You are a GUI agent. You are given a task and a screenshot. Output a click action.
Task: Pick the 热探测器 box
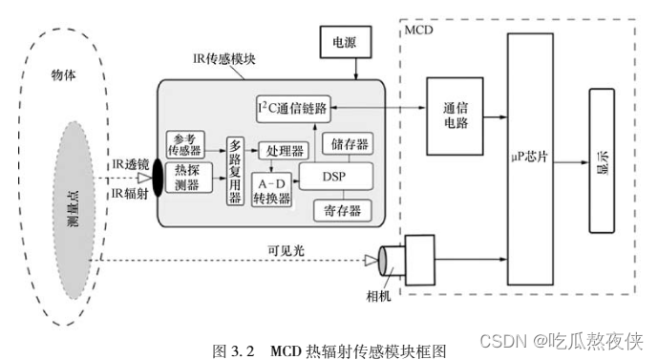(x=188, y=178)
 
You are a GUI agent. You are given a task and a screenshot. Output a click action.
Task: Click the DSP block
(x=335, y=177)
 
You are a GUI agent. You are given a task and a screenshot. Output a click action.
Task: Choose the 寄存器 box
(x=342, y=208)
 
